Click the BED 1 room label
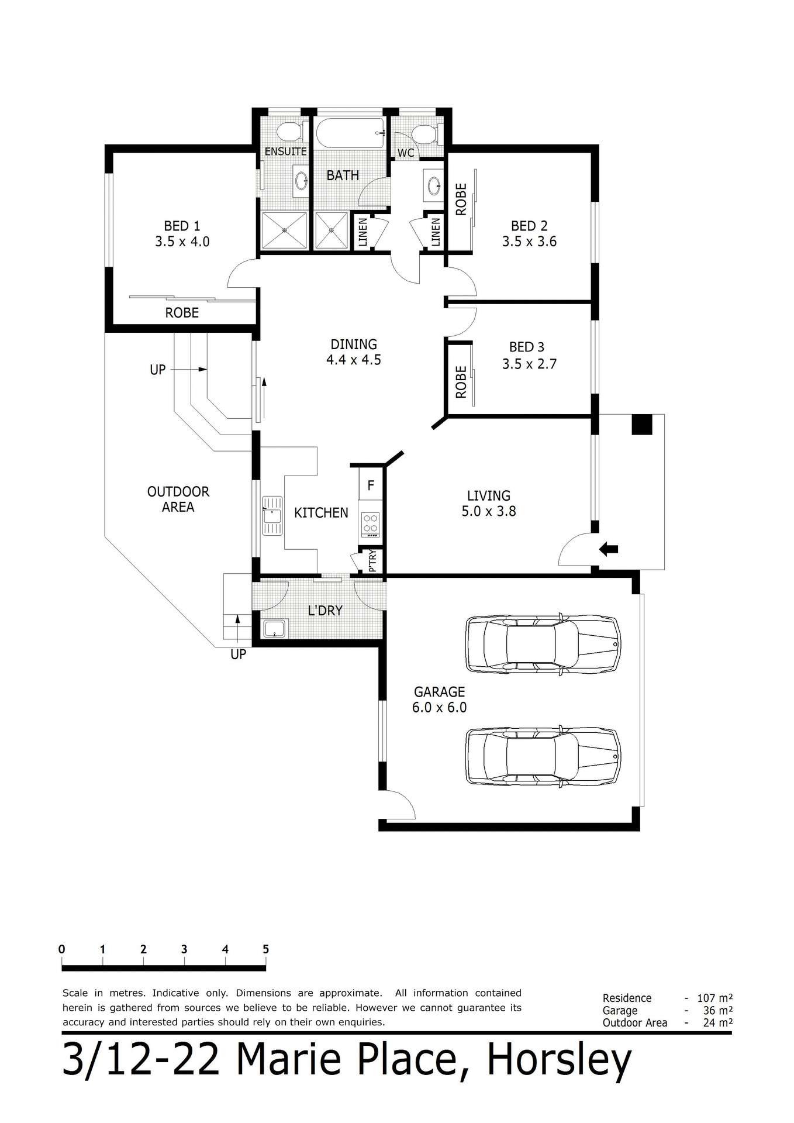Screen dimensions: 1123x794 point(182,226)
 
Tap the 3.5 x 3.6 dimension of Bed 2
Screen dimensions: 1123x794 point(529,242)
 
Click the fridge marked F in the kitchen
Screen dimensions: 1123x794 point(371,485)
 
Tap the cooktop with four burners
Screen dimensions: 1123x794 point(371,524)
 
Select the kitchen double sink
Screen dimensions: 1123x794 point(272,515)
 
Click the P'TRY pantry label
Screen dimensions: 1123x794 point(373,561)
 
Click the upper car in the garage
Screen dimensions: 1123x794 point(543,643)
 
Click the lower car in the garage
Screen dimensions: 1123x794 point(543,756)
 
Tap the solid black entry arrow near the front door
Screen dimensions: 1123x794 point(609,549)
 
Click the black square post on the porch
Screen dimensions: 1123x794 point(641,424)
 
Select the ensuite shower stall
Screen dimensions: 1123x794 point(284,231)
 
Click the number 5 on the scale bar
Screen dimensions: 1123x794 point(265,949)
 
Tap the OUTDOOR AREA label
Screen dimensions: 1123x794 point(178,499)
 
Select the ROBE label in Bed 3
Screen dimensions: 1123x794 point(461,382)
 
